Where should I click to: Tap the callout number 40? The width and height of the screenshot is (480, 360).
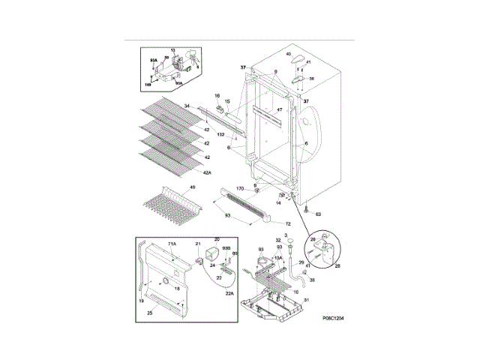pyautogui.click(x=289, y=54)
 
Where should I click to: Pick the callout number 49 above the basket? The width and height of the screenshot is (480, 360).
pyautogui.click(x=193, y=187)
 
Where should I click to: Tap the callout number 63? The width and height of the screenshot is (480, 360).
pyautogui.click(x=317, y=214)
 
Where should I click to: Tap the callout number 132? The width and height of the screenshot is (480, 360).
pyautogui.click(x=221, y=135)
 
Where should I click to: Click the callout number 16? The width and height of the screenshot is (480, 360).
pyautogui.click(x=217, y=97)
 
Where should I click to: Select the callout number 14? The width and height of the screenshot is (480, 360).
pyautogui.click(x=279, y=202)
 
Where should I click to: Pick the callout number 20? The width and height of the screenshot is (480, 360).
pyautogui.click(x=217, y=240)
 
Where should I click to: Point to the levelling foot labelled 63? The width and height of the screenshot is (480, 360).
pyautogui.click(x=307, y=207)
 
